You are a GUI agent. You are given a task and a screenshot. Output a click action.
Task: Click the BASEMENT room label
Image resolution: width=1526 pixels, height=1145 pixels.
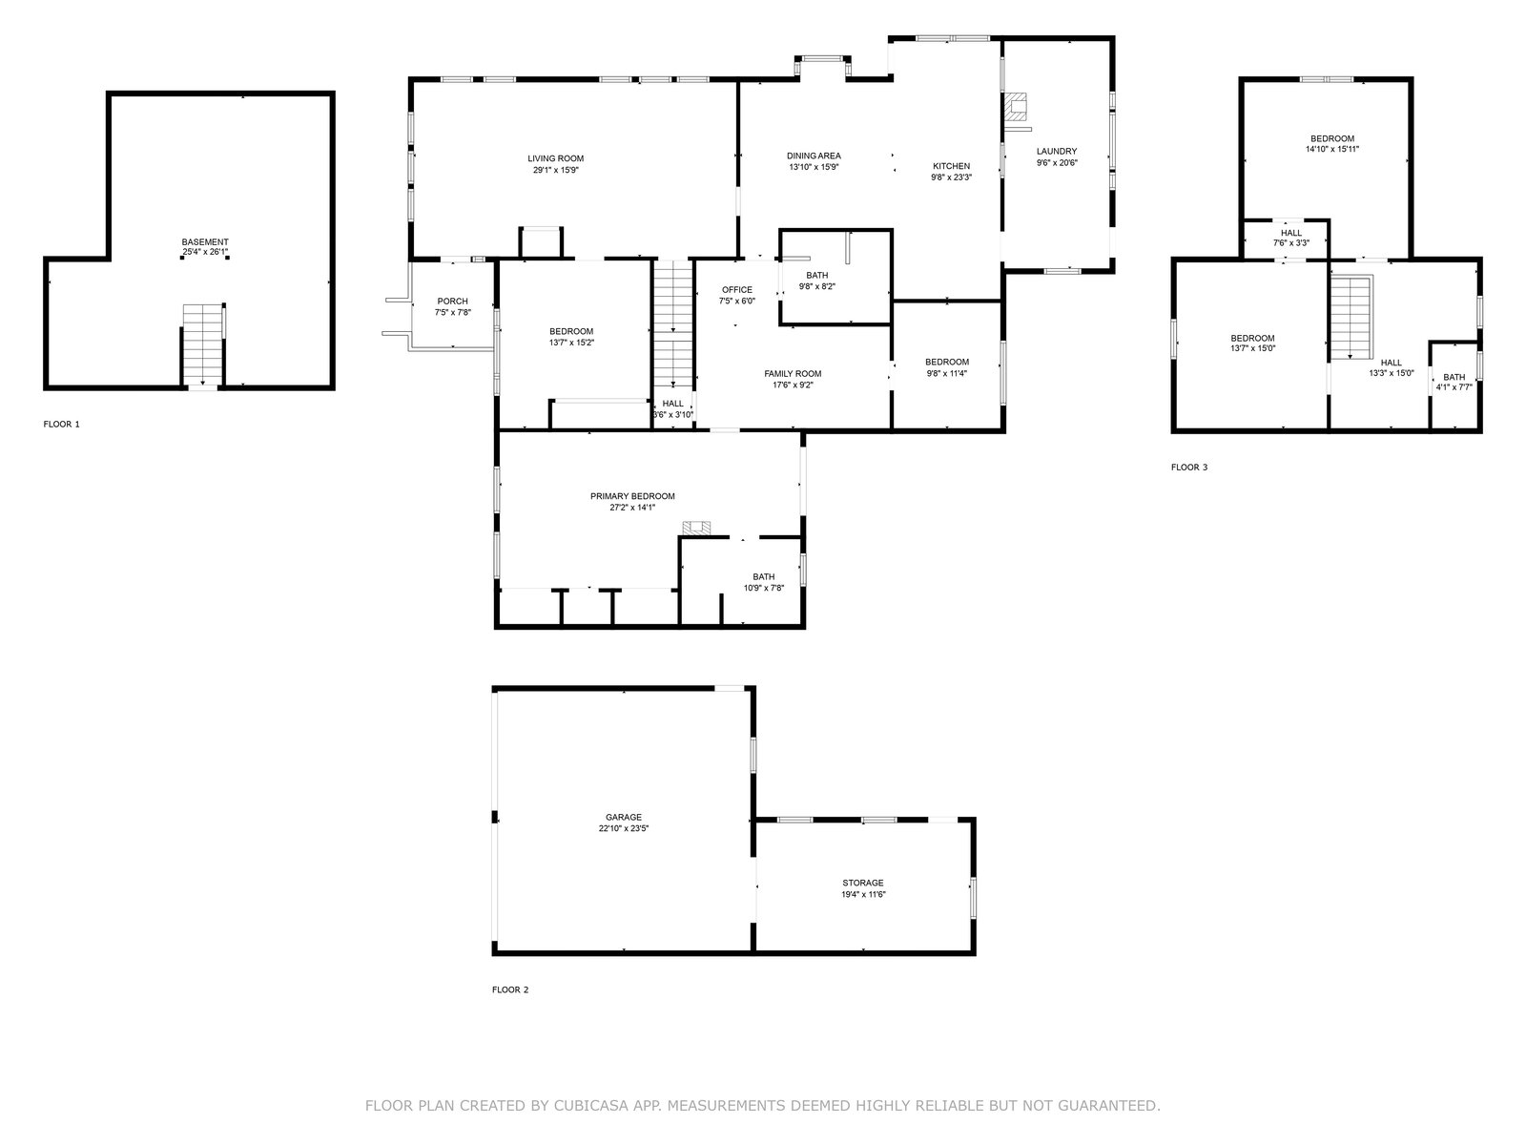click(x=205, y=242)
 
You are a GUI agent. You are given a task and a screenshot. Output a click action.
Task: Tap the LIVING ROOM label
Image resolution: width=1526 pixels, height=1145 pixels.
click(x=555, y=158)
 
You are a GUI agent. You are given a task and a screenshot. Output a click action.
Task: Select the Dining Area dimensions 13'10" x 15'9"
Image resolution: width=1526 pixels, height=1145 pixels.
click(x=815, y=167)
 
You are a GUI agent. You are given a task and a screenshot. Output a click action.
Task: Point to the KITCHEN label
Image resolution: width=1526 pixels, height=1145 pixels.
click(x=951, y=166)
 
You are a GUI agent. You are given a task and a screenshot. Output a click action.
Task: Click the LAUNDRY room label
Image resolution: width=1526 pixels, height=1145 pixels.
click(x=1057, y=152)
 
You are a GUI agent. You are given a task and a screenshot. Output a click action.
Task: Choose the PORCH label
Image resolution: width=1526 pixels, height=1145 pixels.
click(x=453, y=301)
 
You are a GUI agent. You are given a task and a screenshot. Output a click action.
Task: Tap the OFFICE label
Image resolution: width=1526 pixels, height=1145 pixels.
click(x=737, y=290)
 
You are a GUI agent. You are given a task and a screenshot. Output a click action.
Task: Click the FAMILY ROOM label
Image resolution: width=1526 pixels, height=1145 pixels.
click(x=793, y=374)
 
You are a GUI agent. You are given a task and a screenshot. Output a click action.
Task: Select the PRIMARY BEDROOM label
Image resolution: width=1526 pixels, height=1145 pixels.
click(x=632, y=496)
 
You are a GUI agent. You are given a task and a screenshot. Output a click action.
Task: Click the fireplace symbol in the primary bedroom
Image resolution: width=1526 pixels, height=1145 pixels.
click(x=697, y=529)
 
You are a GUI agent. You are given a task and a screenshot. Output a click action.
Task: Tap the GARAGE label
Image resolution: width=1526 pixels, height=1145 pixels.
click(x=624, y=818)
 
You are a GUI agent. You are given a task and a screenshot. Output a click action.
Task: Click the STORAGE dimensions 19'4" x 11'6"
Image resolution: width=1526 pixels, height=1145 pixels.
click(x=863, y=895)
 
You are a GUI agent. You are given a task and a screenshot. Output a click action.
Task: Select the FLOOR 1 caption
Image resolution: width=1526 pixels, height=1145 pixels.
click(x=62, y=424)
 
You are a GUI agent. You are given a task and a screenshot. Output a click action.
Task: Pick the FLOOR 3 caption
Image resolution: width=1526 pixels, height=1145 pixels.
click(x=1189, y=468)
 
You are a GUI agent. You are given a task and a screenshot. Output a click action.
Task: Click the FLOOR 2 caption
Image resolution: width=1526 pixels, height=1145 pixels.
click(x=510, y=990)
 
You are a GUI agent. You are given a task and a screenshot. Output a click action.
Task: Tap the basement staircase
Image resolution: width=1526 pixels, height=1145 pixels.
click(x=203, y=344)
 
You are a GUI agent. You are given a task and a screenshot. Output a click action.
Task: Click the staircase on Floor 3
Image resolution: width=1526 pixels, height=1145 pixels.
click(x=1351, y=317)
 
